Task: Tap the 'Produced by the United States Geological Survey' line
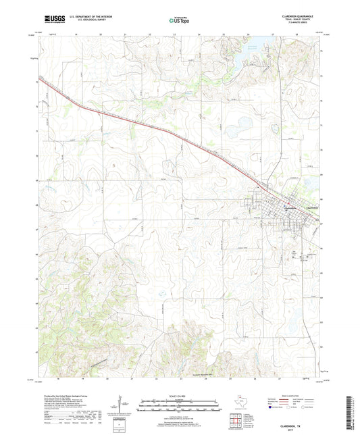[61, 396]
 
